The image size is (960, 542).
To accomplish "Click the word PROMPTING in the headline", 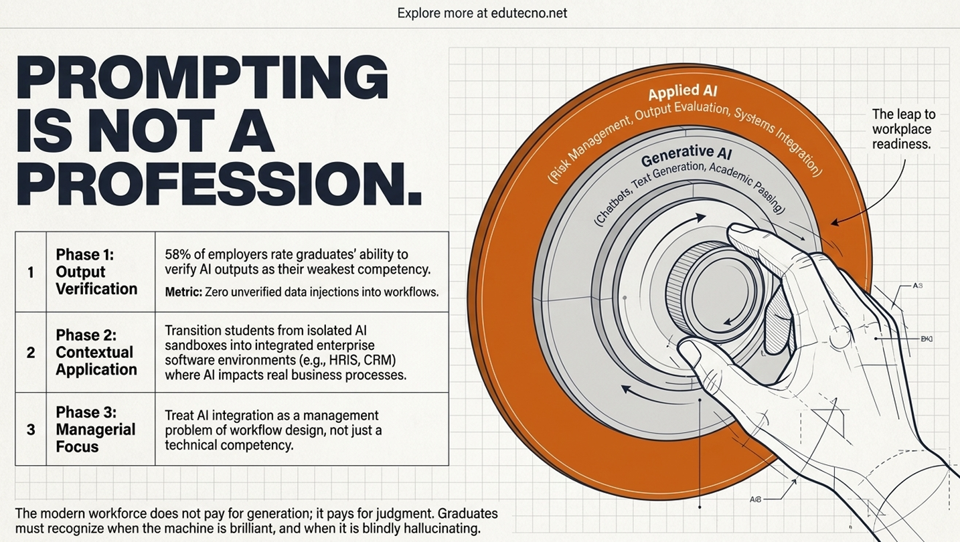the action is coord(202,79).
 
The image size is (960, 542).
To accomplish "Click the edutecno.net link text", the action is coord(529,13).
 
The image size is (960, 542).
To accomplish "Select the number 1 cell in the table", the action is coord(30,272).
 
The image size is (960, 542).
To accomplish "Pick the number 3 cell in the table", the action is coord(30,430).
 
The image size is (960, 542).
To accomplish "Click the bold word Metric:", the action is coord(183,292).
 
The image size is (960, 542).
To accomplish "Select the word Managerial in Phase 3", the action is coord(96,430).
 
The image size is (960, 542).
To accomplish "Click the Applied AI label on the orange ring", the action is coord(682,92).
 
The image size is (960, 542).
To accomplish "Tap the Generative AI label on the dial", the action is coord(686,157).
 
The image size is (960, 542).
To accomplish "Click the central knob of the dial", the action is coord(716,291).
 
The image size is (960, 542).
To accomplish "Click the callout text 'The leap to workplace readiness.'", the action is coord(903,129).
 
